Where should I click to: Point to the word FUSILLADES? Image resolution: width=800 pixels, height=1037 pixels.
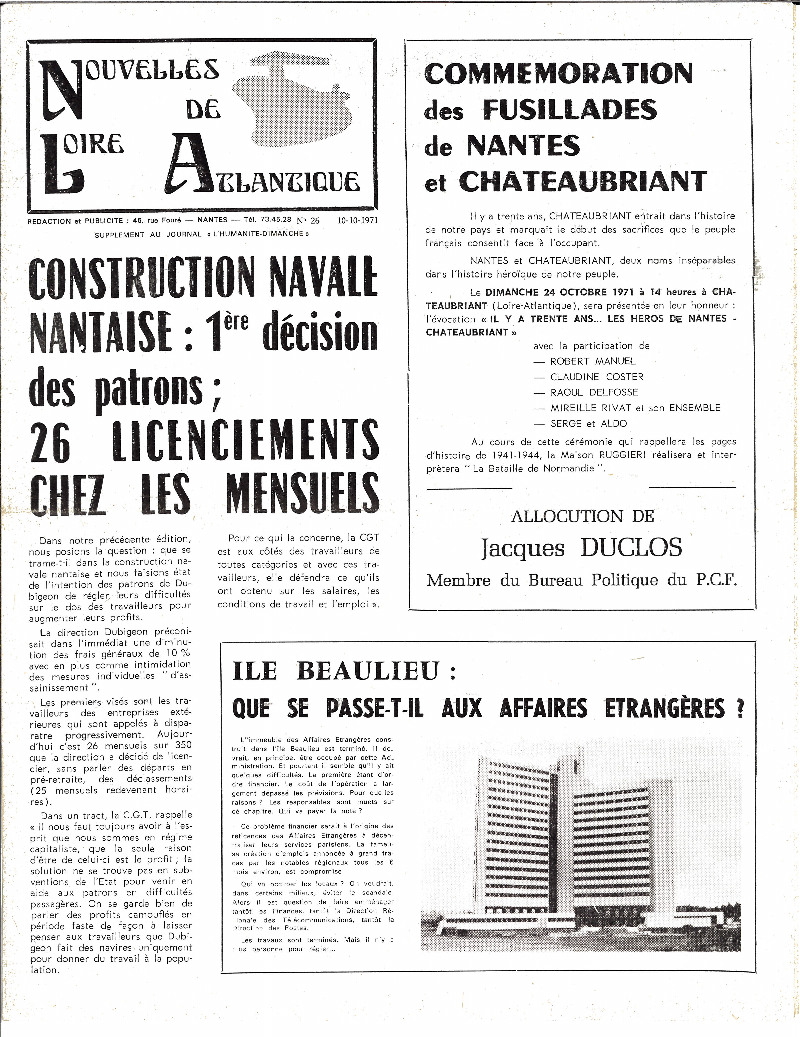point(570,110)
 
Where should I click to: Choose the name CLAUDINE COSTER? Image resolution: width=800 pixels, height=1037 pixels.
point(597,377)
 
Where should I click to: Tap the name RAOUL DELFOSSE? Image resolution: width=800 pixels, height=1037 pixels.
point(594,393)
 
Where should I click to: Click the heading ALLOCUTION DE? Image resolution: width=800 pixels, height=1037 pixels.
point(582,516)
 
